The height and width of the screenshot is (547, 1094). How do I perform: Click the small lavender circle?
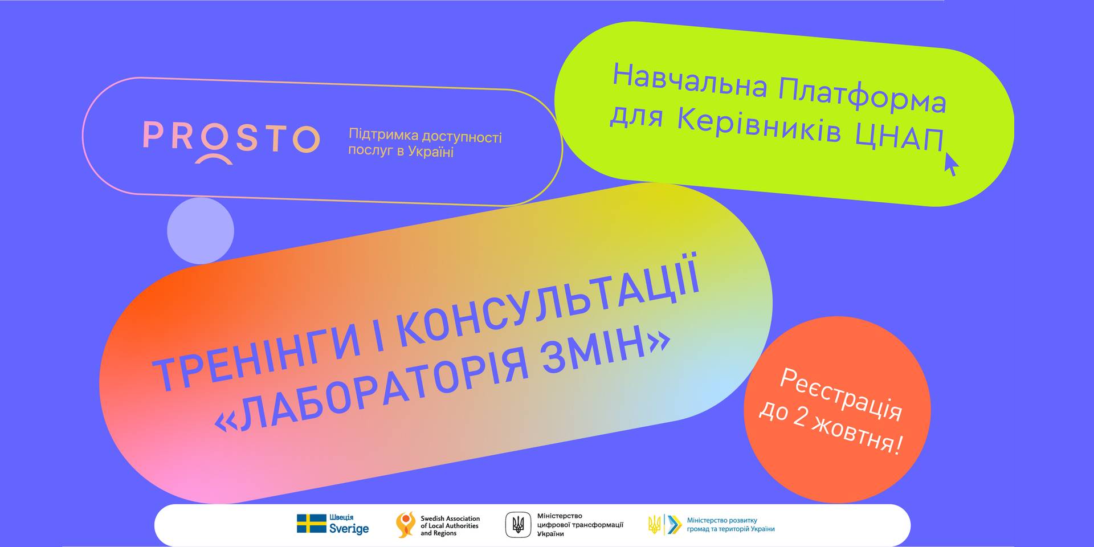pos(201,231)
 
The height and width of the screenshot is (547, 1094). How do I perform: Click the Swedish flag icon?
pos(311,524)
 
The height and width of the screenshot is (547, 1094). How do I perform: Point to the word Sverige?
pos(349,529)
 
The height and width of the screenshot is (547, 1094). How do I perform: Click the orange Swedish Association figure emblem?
pos(406,524)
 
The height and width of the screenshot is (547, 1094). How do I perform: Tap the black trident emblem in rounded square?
pos(518,524)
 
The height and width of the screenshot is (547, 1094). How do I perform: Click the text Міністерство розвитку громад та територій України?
pos(730,524)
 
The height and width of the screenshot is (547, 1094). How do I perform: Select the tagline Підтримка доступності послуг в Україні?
pos(425,144)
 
